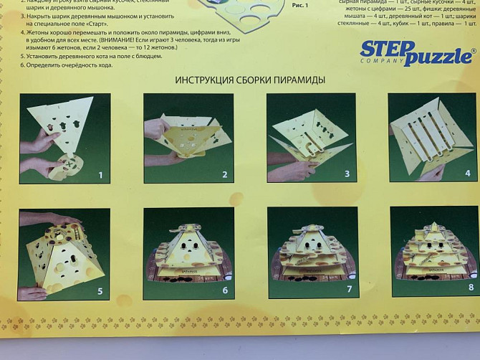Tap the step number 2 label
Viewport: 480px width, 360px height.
coord(224,174)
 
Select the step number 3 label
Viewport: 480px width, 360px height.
coord(347,174)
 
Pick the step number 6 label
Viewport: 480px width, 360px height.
coord(224,290)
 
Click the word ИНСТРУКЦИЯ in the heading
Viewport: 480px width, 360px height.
coord(207,80)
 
